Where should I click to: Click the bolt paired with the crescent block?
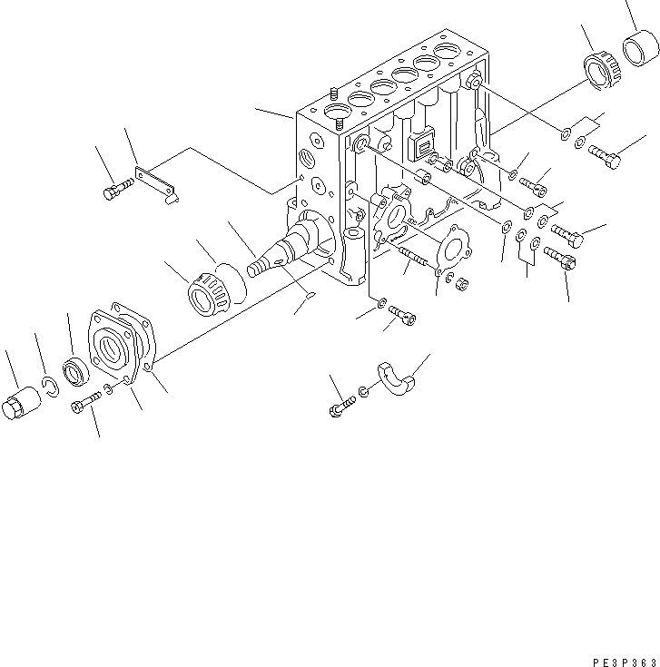click(339, 408)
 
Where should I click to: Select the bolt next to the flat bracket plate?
click(116, 190)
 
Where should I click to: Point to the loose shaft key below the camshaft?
click(309, 295)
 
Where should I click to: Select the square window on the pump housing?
click(424, 144)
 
